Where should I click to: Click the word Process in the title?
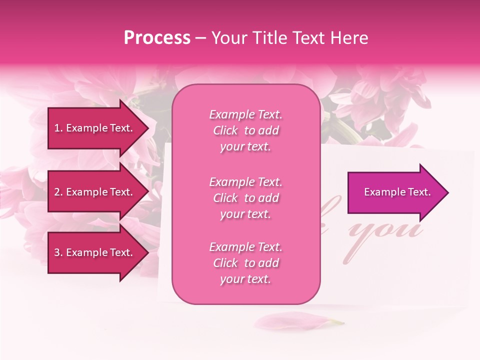(x=157, y=38)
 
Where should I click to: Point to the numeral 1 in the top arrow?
(x=57, y=128)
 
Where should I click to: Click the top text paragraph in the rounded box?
(x=245, y=130)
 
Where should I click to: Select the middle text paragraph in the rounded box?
(x=245, y=198)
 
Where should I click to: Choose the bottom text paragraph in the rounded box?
(x=245, y=263)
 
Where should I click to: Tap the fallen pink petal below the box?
(x=295, y=321)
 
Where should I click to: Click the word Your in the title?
(x=228, y=38)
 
